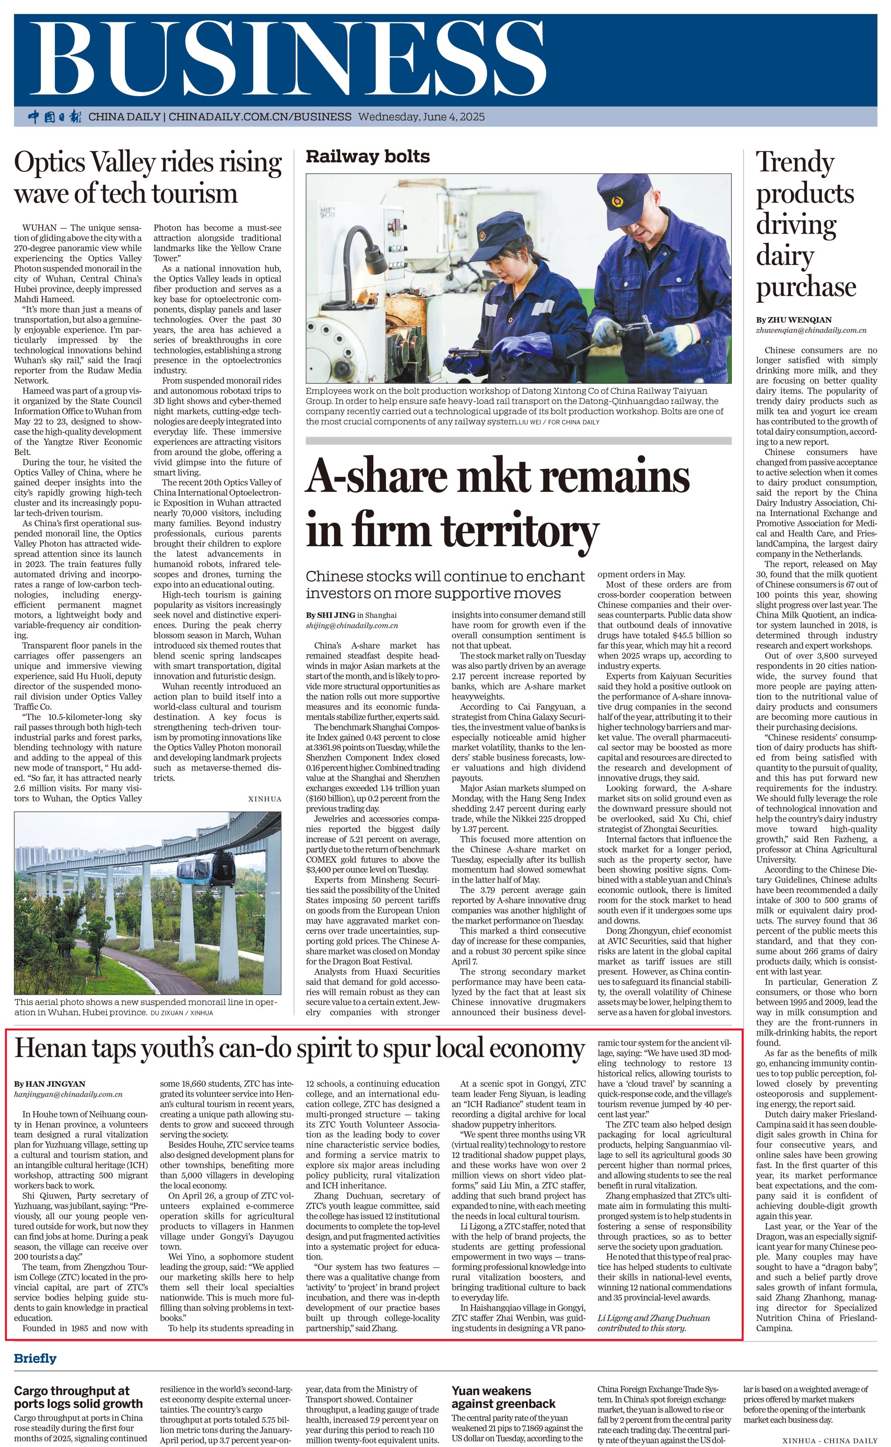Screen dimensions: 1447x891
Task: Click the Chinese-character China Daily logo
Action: pos(55,117)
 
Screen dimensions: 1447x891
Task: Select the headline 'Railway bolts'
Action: pos(367,156)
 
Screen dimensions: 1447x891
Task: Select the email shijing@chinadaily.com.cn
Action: pos(351,625)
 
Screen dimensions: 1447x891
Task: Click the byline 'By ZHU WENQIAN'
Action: pos(794,320)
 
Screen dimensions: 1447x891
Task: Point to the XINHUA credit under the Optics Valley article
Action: pos(265,799)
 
